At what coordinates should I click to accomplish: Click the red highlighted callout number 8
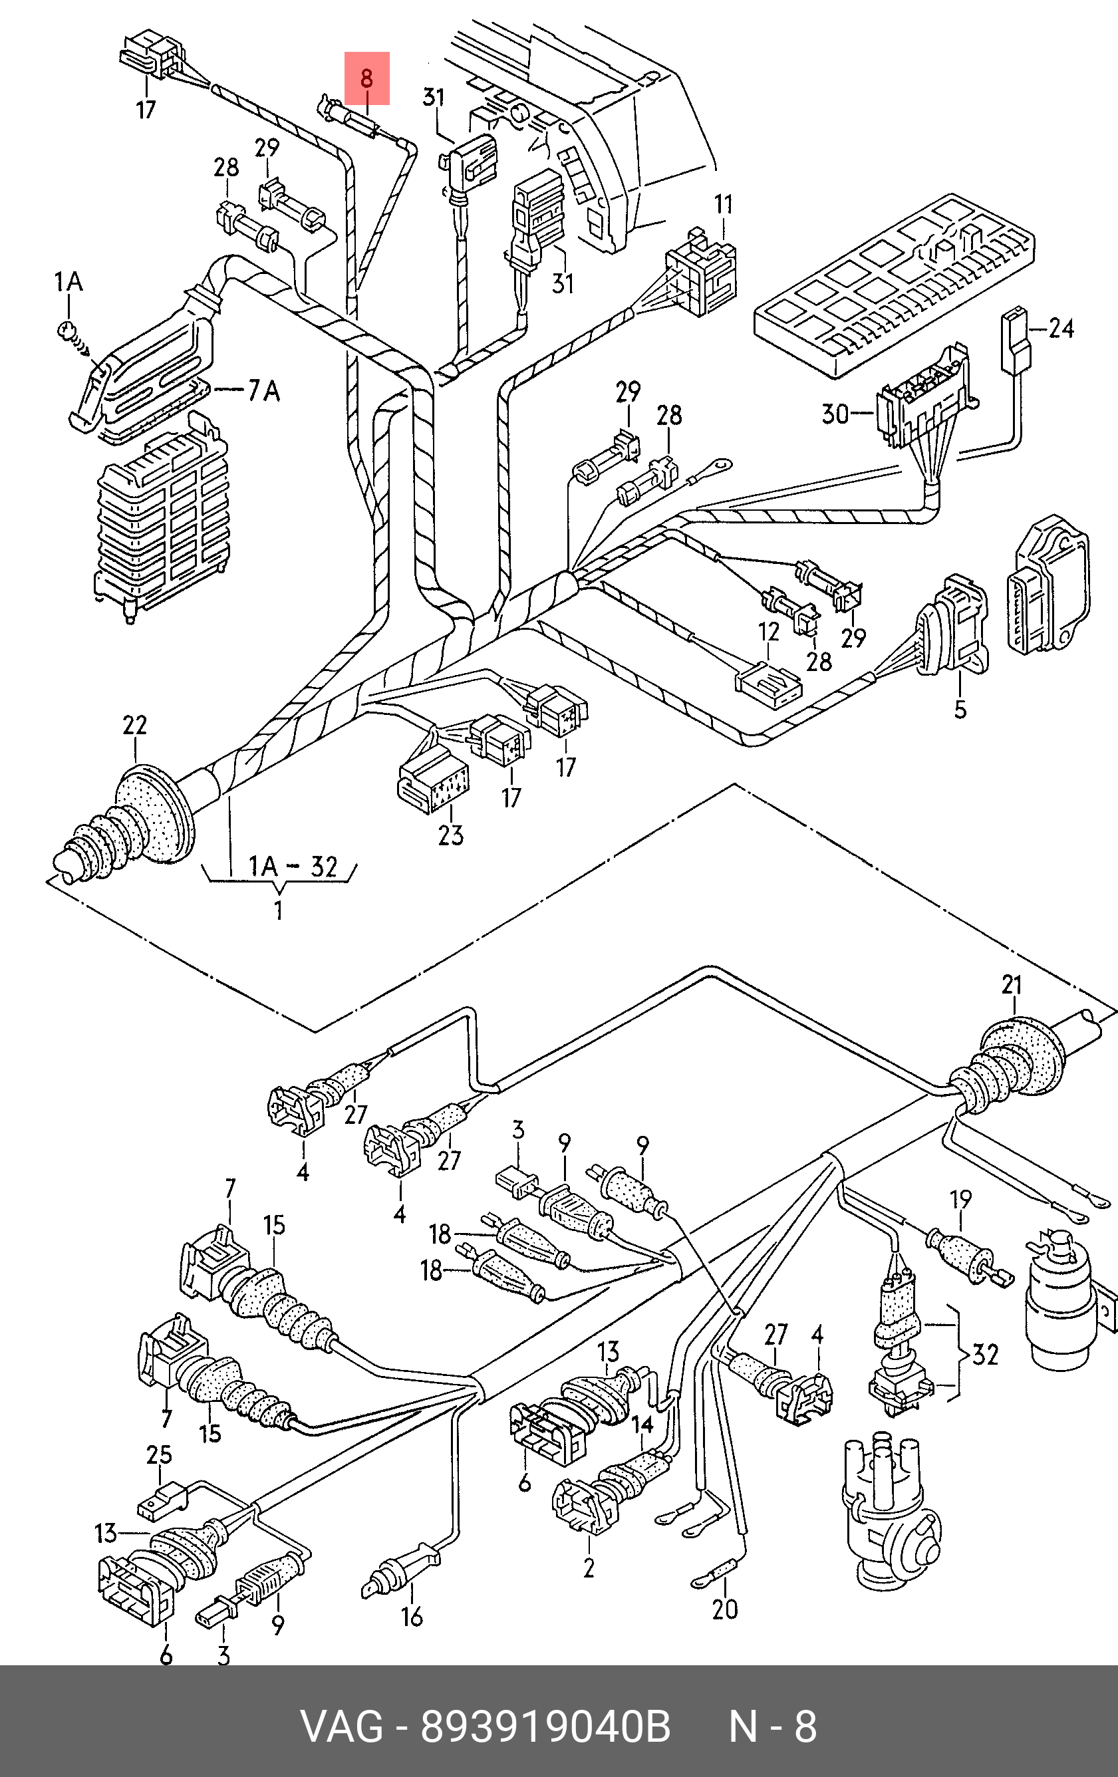(x=366, y=78)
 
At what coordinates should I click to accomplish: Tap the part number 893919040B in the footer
(x=546, y=1728)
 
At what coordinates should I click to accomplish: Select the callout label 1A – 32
(x=292, y=866)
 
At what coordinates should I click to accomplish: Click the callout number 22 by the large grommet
(x=134, y=726)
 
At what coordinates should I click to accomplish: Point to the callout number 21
(x=1011, y=984)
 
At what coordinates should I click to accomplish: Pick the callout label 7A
(x=263, y=389)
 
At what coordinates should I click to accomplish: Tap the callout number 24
(x=1060, y=328)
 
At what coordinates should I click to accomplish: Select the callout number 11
(x=723, y=204)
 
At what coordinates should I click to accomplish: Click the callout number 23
(x=450, y=835)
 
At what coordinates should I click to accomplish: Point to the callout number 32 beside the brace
(x=986, y=1354)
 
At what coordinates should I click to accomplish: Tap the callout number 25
(x=159, y=1454)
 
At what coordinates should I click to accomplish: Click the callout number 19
(x=960, y=1200)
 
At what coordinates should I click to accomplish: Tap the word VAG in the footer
(x=342, y=1728)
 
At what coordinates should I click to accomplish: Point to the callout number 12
(x=768, y=632)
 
